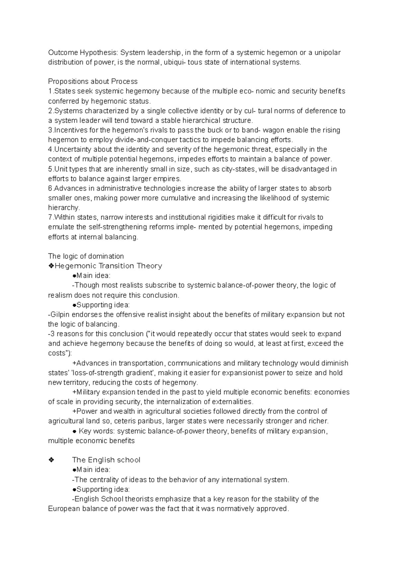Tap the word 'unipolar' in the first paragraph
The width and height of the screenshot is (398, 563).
[x=327, y=53]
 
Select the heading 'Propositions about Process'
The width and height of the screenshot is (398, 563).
[x=93, y=82]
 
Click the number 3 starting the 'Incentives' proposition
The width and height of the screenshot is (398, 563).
[x=50, y=130]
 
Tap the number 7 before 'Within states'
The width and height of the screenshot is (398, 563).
[x=50, y=218]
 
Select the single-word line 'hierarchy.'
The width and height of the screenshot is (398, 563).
[x=64, y=208]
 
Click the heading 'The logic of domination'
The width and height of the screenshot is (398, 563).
[x=86, y=256]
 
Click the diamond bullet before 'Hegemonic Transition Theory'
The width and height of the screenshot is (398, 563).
[x=51, y=266]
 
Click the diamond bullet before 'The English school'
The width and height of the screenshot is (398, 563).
[x=51, y=460]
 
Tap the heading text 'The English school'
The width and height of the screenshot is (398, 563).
[x=106, y=460]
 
